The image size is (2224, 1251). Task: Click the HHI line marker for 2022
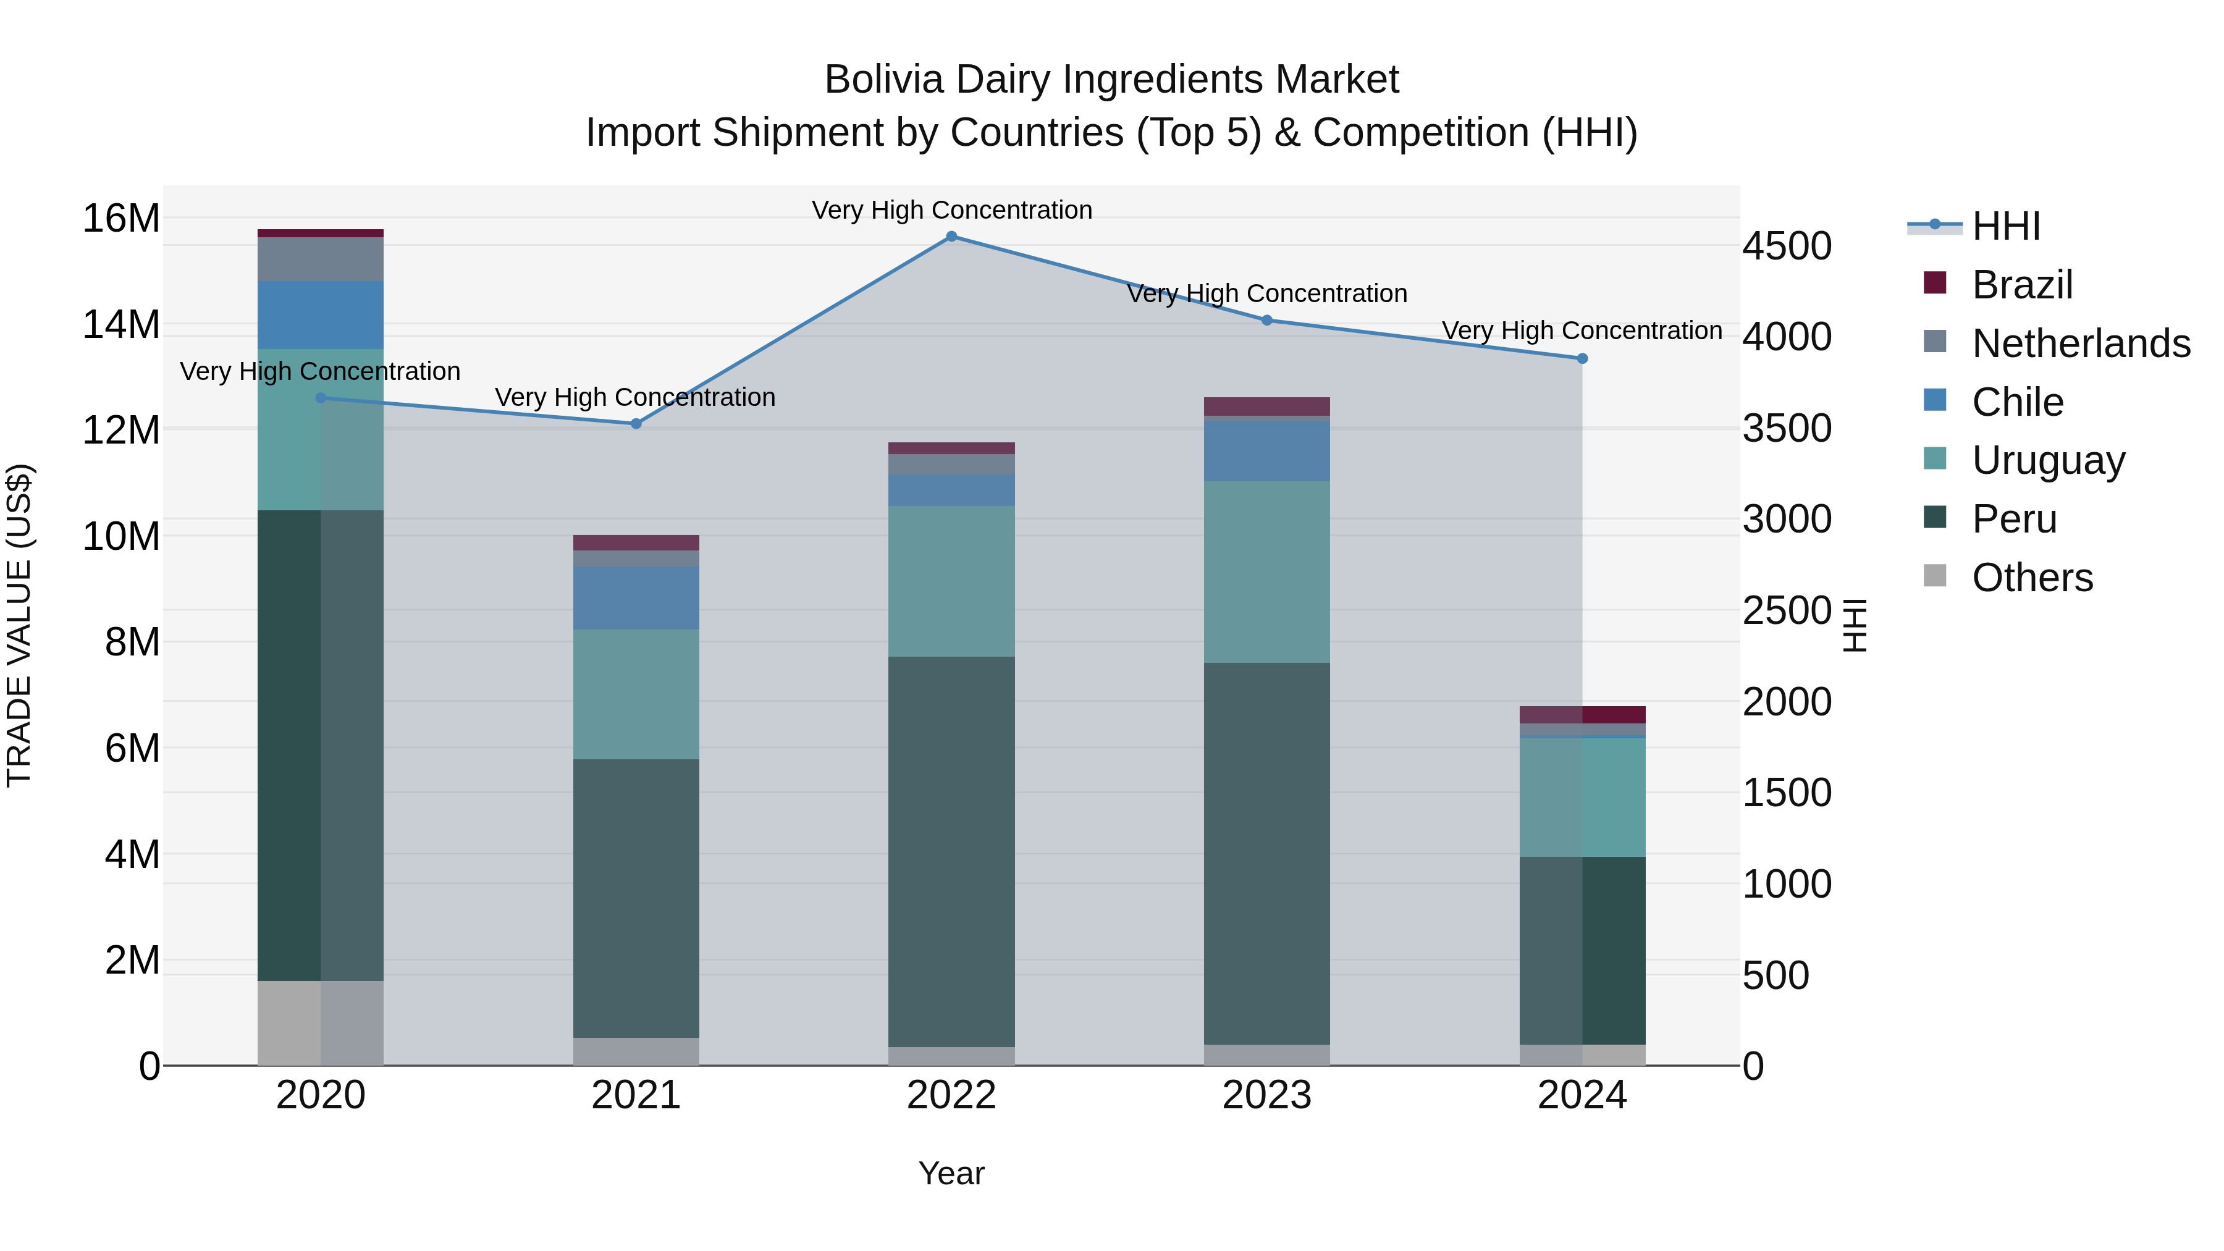pyautogui.click(x=951, y=237)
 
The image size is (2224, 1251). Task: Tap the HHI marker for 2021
pyautogui.click(x=636, y=424)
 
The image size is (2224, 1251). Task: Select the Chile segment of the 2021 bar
pyautogui.click(x=636, y=597)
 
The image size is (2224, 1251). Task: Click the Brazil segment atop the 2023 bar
pyautogui.click(x=1266, y=406)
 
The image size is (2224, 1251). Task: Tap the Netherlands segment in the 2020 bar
pyautogui.click(x=320, y=259)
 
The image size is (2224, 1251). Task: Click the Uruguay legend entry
pyautogui.click(x=2048, y=460)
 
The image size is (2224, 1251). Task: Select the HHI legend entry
pyautogui.click(x=2005, y=226)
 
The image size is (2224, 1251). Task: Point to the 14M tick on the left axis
pyautogui.click(x=121, y=326)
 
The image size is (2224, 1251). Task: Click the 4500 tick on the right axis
pyautogui.click(x=1786, y=246)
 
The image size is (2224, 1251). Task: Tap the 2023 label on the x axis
pyautogui.click(x=1266, y=1095)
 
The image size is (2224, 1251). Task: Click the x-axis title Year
pyautogui.click(x=951, y=1173)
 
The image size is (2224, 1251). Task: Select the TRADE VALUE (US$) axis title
pyautogui.click(x=19, y=625)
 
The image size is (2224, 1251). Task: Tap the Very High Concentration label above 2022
pyautogui.click(x=951, y=210)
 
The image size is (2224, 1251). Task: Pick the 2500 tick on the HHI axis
pyautogui.click(x=1786, y=611)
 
